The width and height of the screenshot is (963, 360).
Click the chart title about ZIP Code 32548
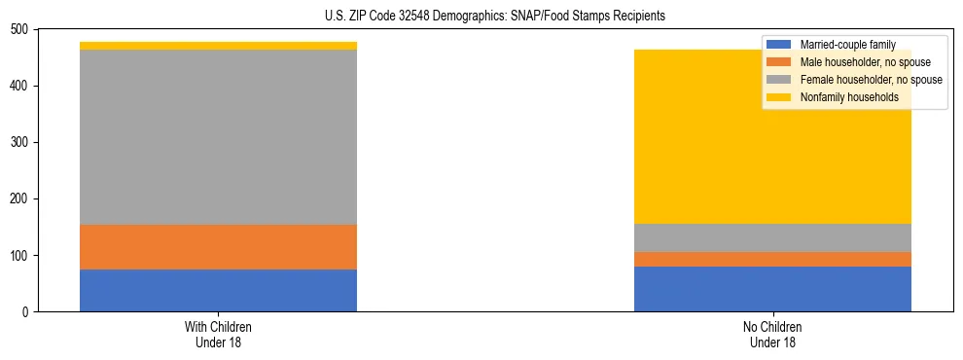(x=495, y=17)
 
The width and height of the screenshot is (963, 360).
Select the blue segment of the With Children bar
(x=218, y=290)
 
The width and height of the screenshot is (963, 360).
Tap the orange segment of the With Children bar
(x=218, y=247)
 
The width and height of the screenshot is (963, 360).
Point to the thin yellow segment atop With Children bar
(x=218, y=46)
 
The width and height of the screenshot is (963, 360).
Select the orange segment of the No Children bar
(x=772, y=259)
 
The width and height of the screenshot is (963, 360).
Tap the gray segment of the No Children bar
(x=772, y=237)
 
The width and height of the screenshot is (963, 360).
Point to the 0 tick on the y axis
(x=28, y=312)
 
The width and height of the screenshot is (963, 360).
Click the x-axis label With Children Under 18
(x=218, y=334)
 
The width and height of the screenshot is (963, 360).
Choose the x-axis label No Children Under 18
(x=772, y=334)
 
